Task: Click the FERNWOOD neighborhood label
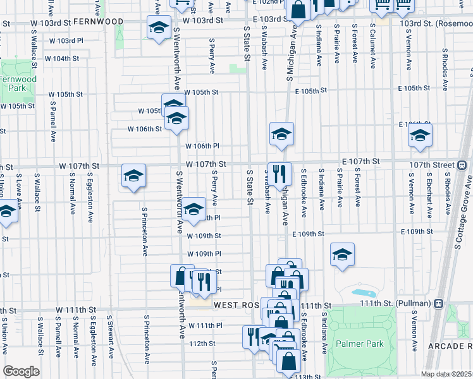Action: click(x=98, y=21)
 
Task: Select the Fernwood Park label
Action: click(x=17, y=83)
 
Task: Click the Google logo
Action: click(x=21, y=371)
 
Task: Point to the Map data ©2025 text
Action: click(x=446, y=374)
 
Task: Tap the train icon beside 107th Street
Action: click(x=462, y=165)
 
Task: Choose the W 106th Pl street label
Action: click(x=202, y=147)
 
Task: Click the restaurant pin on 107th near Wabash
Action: click(x=279, y=172)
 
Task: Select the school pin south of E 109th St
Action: click(x=342, y=254)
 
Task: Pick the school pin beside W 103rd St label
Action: click(x=158, y=26)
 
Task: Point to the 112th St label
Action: click(x=203, y=344)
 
